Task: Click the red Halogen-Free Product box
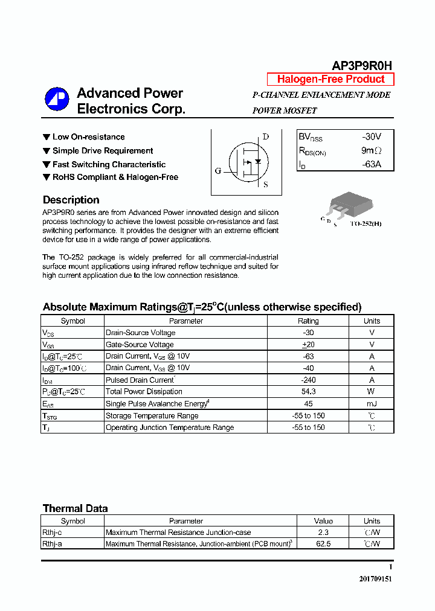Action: pos(330,79)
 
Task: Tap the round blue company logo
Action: pos(57,100)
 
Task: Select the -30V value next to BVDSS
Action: pos(371,137)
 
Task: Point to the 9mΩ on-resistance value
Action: pos(371,150)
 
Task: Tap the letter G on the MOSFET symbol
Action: pos(218,171)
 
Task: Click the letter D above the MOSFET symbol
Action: pos(265,136)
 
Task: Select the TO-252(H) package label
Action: pos(366,223)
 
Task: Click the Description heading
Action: pos(71,200)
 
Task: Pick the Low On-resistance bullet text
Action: pos(88,137)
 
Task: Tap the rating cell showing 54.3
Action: pos(308,392)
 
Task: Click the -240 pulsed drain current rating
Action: pos(308,380)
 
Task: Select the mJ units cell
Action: pos(372,404)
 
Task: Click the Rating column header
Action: pos(308,321)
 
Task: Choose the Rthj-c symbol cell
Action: pos(53,533)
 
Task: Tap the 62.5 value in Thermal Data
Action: pos(323,544)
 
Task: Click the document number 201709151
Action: pos(375,578)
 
